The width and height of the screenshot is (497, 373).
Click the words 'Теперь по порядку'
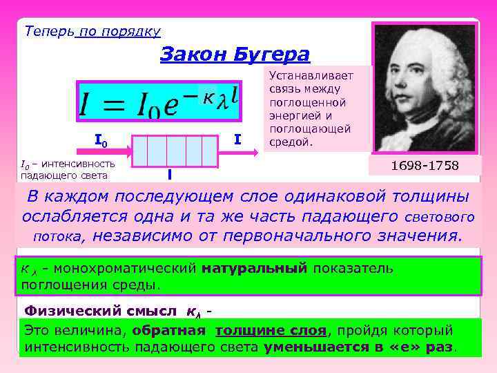coord(92,31)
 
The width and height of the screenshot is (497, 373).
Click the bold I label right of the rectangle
coord(237,140)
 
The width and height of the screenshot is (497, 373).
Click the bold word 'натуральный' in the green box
coord(254,268)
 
